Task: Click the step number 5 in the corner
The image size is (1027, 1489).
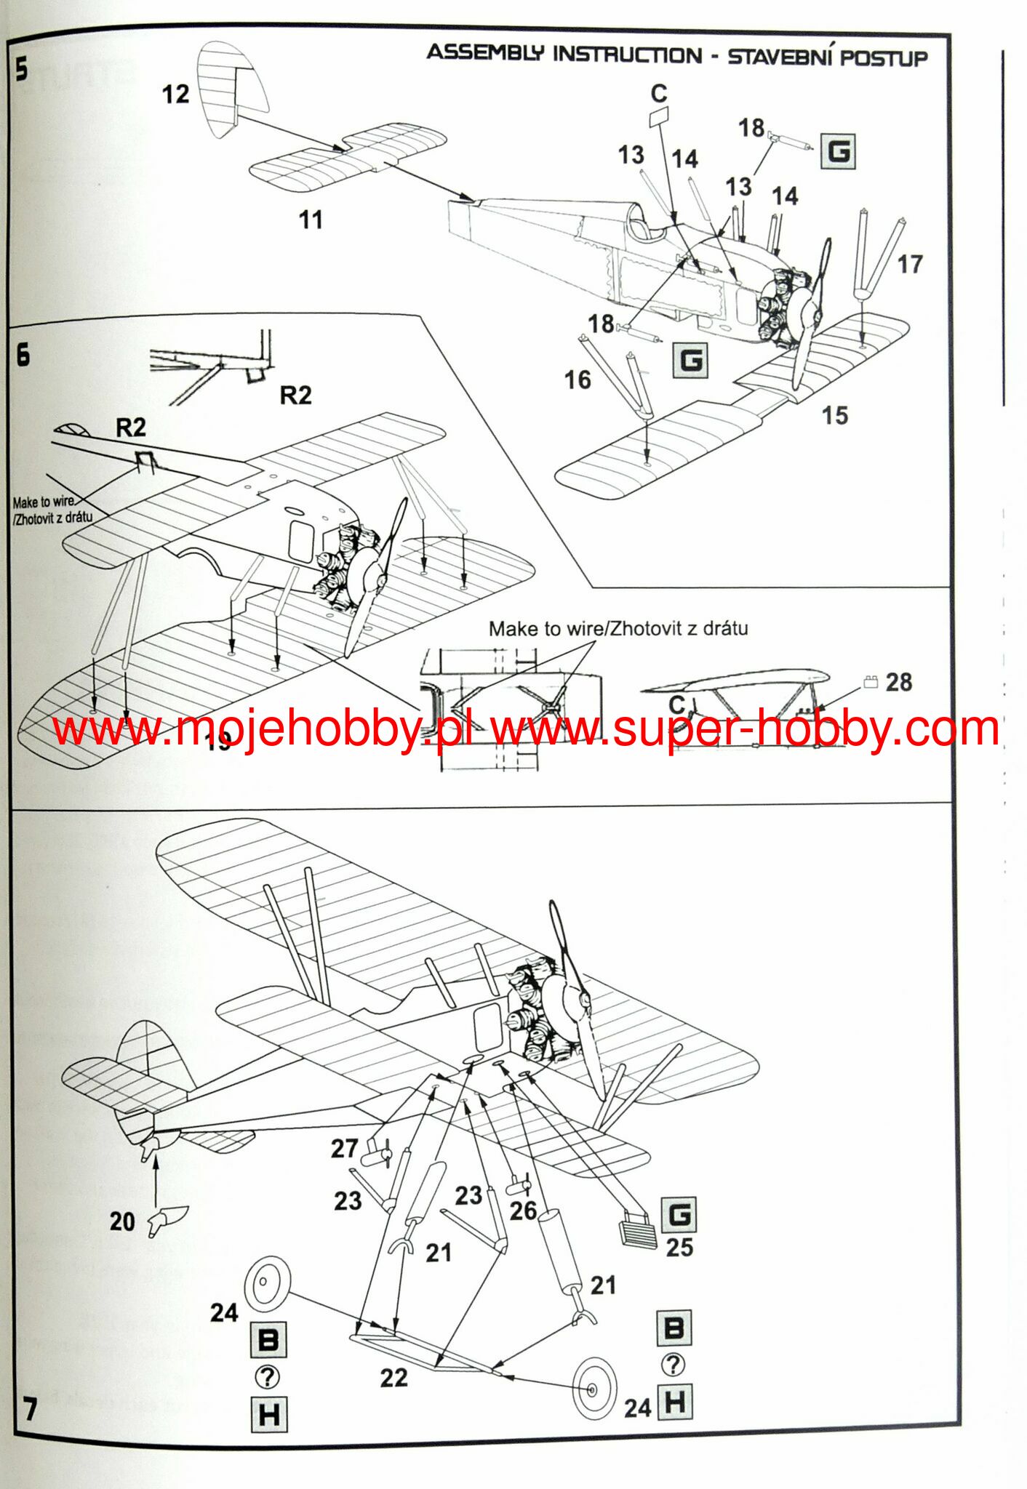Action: coord(22,70)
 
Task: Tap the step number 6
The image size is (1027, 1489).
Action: coord(23,355)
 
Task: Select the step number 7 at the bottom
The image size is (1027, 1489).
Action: coord(29,1408)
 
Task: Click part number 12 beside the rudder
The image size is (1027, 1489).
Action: coord(175,95)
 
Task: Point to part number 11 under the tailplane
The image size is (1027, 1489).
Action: coord(311,220)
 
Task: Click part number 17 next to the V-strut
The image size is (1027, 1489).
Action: coord(909,264)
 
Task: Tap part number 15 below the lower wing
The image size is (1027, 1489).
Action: coord(835,415)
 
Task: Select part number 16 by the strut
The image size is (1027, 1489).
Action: coord(578,380)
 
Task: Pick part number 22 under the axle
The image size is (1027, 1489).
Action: coord(393,1378)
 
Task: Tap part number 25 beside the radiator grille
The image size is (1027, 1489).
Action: coord(679,1248)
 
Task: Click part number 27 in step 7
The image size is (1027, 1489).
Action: coord(345,1149)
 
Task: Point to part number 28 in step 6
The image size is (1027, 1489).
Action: coord(899,682)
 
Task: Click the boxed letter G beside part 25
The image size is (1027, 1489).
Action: coord(679,1215)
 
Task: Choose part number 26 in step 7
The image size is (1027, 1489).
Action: coord(523,1211)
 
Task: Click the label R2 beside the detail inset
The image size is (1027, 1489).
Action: coord(295,395)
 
